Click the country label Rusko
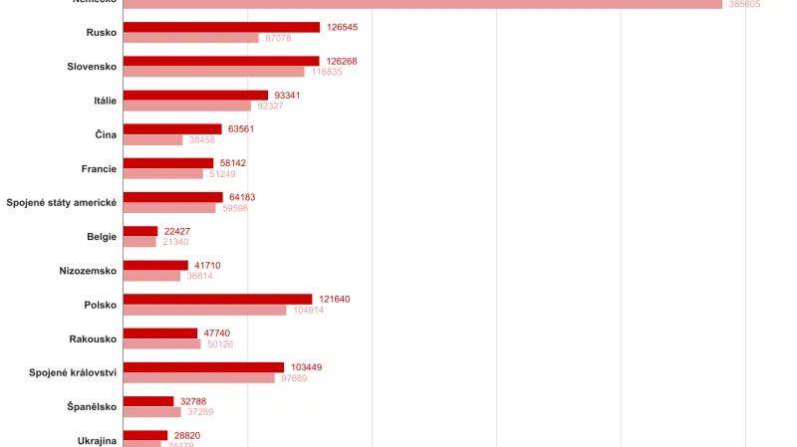[102, 33]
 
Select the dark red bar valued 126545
[221, 27]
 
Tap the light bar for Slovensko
[213, 72]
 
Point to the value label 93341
[287, 95]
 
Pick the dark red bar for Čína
[172, 128]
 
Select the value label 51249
[222, 174]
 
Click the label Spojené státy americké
[62, 202]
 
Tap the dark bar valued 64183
[173, 197]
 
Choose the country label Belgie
[102, 236]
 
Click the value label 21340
[175, 242]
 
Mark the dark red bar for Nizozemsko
[155, 265]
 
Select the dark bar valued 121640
[217, 299]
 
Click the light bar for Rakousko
[162, 343]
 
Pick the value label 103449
[306, 367]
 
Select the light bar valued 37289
[152, 411]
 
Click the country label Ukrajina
[98, 440]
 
